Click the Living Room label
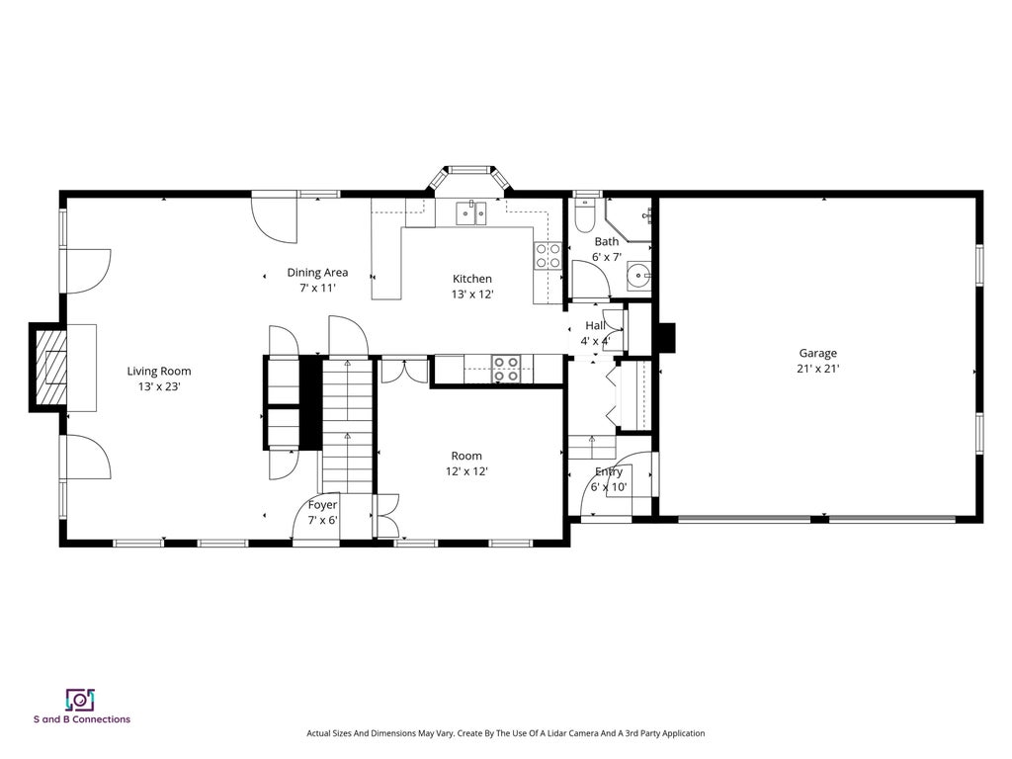tap(159, 372)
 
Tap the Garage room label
tap(817, 353)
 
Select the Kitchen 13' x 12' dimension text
tap(472, 295)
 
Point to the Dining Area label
tap(317, 273)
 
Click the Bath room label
tap(607, 241)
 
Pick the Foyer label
tap(323, 505)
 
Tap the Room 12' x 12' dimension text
tap(466, 471)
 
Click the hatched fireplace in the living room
tap(50, 368)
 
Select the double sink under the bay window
tap(471, 213)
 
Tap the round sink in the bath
tap(638, 276)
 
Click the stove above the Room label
tap(505, 369)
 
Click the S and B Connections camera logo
tap(80, 700)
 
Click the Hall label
tap(595, 325)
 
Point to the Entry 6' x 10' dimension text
tap(609, 486)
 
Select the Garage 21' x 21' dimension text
tap(817, 369)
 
